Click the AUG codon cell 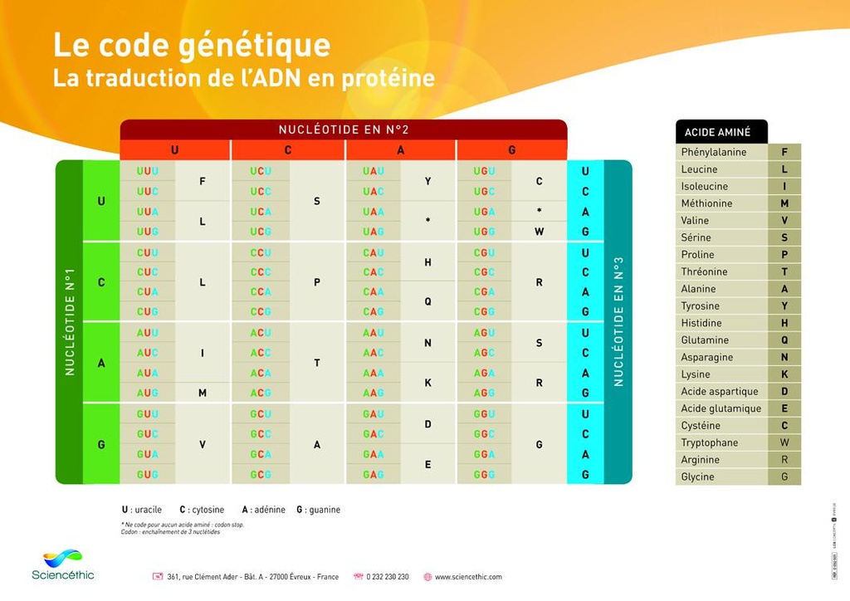pyautogui.click(x=148, y=393)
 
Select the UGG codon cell pyautogui.click(x=484, y=232)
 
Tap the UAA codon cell pyautogui.click(x=373, y=212)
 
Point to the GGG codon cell pyautogui.click(x=484, y=475)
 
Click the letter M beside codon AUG pyautogui.click(x=203, y=393)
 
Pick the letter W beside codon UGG pyautogui.click(x=539, y=232)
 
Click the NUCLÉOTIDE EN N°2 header pyautogui.click(x=344, y=129)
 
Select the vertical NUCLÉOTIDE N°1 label pyautogui.click(x=70, y=321)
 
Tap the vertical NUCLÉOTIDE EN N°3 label pyautogui.click(x=618, y=321)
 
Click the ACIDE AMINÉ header pyautogui.click(x=717, y=132)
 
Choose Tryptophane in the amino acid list pyautogui.click(x=709, y=442)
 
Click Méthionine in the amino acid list pyautogui.click(x=706, y=203)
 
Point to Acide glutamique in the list pyautogui.click(x=721, y=408)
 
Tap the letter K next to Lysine pyautogui.click(x=784, y=374)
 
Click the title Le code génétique pyautogui.click(x=192, y=45)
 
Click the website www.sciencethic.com pyautogui.click(x=468, y=577)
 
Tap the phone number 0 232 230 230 pyautogui.click(x=388, y=577)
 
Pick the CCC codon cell pyautogui.click(x=261, y=272)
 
